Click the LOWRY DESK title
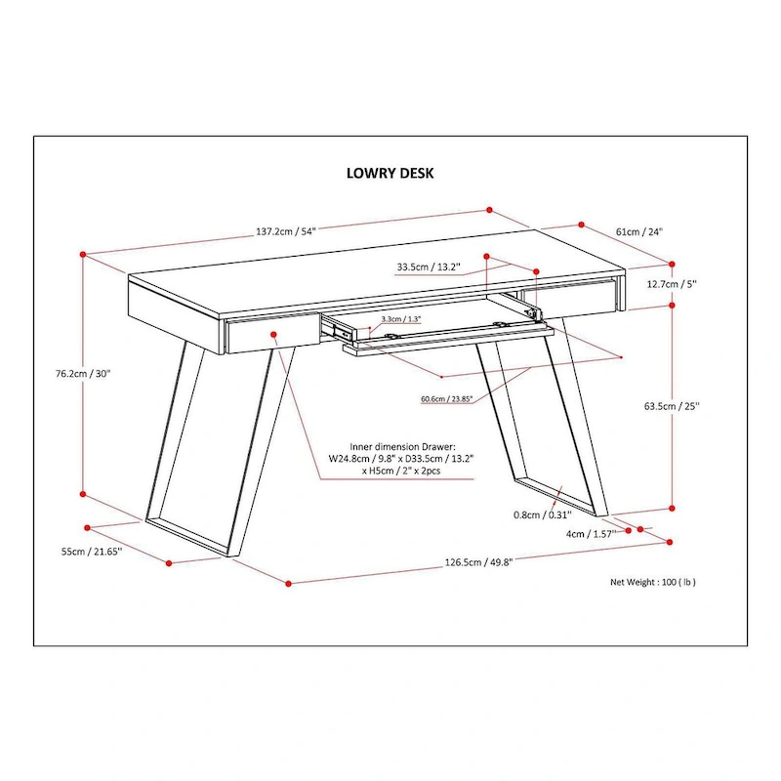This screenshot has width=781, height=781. [390, 173]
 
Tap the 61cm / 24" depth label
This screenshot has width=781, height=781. [638, 232]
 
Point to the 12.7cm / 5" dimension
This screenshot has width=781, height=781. [672, 283]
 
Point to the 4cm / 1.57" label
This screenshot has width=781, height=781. [590, 534]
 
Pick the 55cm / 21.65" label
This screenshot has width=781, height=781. [90, 552]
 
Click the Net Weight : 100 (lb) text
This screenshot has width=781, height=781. [653, 582]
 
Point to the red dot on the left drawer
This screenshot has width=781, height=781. [274, 334]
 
